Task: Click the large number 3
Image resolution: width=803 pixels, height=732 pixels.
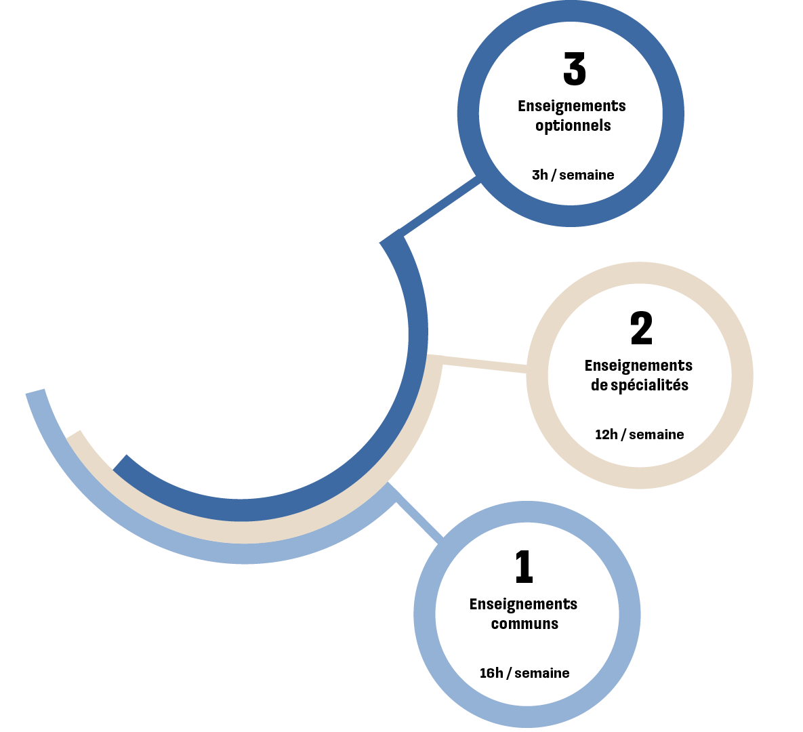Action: coord(574,69)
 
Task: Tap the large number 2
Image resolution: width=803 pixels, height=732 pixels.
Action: coord(641,329)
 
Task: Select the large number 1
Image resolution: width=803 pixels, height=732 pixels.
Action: coord(524,567)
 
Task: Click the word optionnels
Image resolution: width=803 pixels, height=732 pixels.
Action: coord(573,126)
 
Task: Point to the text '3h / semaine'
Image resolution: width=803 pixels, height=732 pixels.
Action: coord(573,175)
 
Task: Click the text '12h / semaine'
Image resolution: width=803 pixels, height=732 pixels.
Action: coord(639,434)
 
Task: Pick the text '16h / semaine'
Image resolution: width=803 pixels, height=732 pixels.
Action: coord(524,673)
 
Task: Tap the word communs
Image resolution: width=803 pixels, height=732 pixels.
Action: coord(524,624)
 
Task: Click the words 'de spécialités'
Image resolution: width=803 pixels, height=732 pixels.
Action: coord(639,386)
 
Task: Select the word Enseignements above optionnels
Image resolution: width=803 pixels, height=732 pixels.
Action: coord(572,106)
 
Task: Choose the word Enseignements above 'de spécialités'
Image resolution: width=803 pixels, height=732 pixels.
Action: coord(638,366)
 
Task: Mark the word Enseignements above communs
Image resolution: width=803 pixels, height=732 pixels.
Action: coord(523,605)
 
